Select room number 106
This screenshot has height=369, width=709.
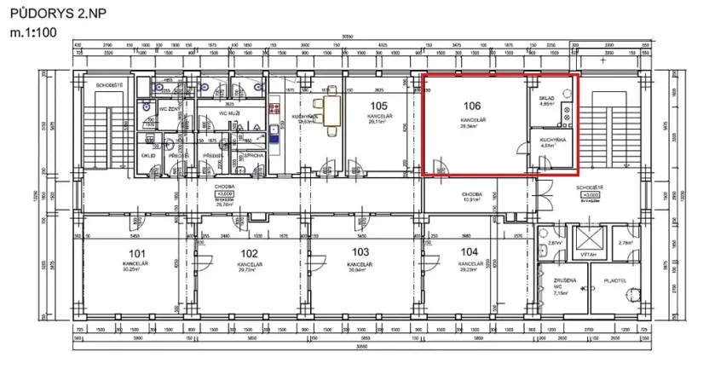point(473,107)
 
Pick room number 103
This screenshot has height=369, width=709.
point(360,252)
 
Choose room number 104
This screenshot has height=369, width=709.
point(468,252)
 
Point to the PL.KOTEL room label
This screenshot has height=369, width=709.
point(614,279)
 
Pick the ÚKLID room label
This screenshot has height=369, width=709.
point(147,155)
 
